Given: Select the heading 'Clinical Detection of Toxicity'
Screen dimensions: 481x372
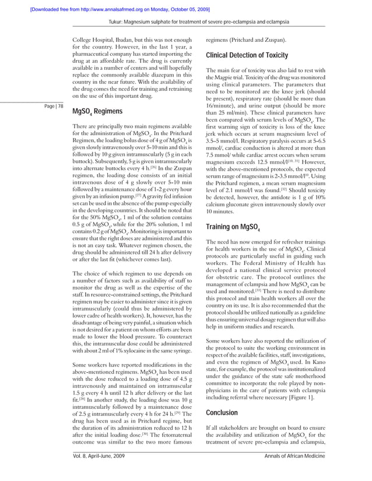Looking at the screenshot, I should coord(247,56).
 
